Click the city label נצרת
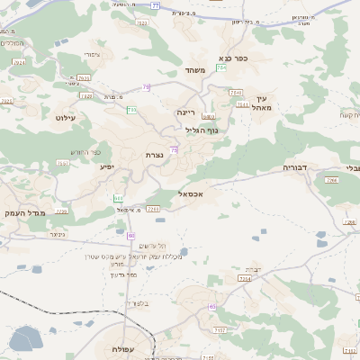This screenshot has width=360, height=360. point(154,155)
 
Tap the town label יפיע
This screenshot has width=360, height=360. point(105,167)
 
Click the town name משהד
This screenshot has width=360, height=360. point(195,69)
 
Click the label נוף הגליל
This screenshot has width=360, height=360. point(201,130)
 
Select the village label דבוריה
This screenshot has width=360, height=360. point(295,167)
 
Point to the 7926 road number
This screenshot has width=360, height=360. point(6,101)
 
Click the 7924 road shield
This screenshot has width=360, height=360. point(20,63)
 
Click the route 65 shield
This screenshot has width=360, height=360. point(211,307)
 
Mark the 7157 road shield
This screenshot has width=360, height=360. point(219,330)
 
